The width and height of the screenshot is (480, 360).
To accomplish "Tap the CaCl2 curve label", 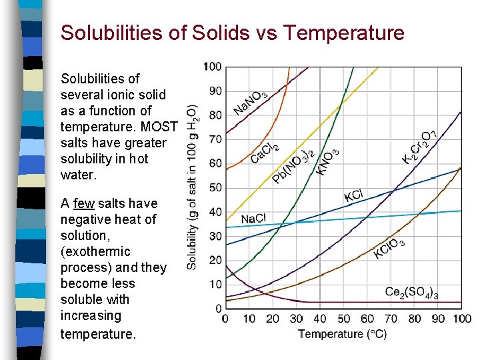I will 265,153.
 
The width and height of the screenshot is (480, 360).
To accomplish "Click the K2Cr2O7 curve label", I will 420,147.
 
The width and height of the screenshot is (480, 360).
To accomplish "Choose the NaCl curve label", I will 253,219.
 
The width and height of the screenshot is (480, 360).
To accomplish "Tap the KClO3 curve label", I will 389,249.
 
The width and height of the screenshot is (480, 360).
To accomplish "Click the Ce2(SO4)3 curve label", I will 411,292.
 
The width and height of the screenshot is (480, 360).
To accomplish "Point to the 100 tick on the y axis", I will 213,67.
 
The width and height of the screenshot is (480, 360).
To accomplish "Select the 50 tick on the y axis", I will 215,188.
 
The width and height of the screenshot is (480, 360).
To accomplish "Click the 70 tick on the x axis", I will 391,319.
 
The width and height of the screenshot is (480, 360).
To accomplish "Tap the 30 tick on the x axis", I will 296,319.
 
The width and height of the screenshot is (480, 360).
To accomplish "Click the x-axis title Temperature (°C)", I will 342,333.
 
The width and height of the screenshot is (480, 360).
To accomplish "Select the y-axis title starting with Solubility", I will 192,187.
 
